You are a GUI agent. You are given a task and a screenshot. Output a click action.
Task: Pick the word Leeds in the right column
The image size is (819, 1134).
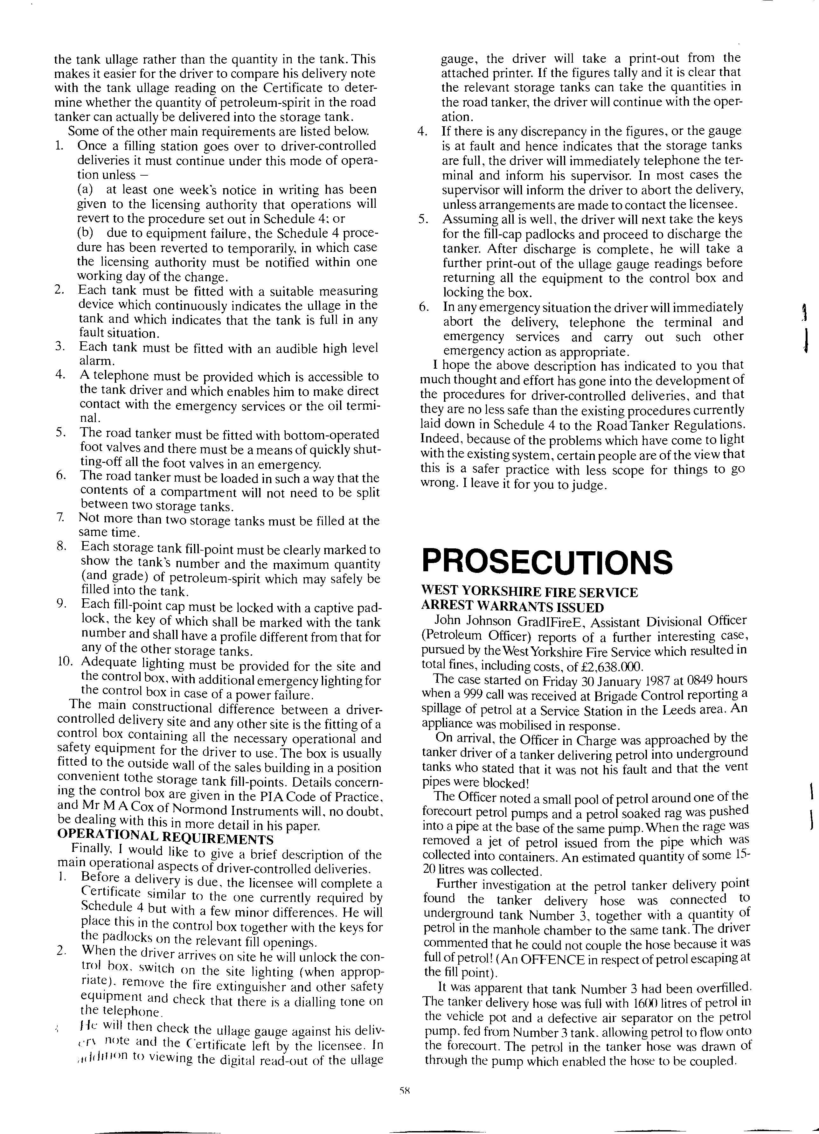tap(677, 709)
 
